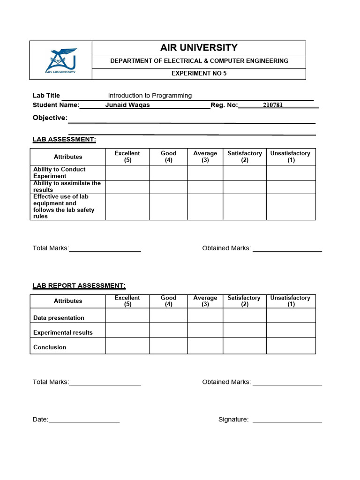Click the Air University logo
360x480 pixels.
pyautogui.click(x=61, y=60)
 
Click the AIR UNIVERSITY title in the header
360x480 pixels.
pyautogui.click(x=199, y=48)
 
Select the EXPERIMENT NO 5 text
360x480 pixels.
pyautogui.click(x=199, y=74)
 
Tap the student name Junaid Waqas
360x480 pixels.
pyautogui.click(x=127, y=105)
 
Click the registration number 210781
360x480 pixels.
pyautogui.click(x=273, y=105)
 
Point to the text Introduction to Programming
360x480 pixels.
pyautogui.click(x=150, y=96)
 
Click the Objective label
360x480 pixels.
pyautogui.click(x=50, y=118)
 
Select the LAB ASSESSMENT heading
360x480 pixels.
pyautogui.click(x=64, y=139)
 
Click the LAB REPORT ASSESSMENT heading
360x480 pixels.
pyautogui.click(x=79, y=285)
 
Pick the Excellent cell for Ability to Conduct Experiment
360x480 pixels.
pyautogui.click(x=127, y=172)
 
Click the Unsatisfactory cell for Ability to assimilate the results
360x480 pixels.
pyautogui.click(x=291, y=187)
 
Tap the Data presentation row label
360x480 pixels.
pyautogui.click(x=59, y=318)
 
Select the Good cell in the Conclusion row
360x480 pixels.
pyautogui.click(x=168, y=346)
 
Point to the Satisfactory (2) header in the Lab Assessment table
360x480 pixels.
pyautogui.click(x=244, y=157)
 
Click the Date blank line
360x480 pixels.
pyautogui.click(x=84, y=420)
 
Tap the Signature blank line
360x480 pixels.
pyautogui.click(x=287, y=420)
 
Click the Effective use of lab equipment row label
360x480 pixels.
pyautogui.click(x=64, y=207)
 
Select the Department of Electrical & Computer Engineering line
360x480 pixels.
pyautogui.click(x=199, y=61)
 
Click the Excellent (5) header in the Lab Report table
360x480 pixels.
pyautogui.click(x=127, y=301)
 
